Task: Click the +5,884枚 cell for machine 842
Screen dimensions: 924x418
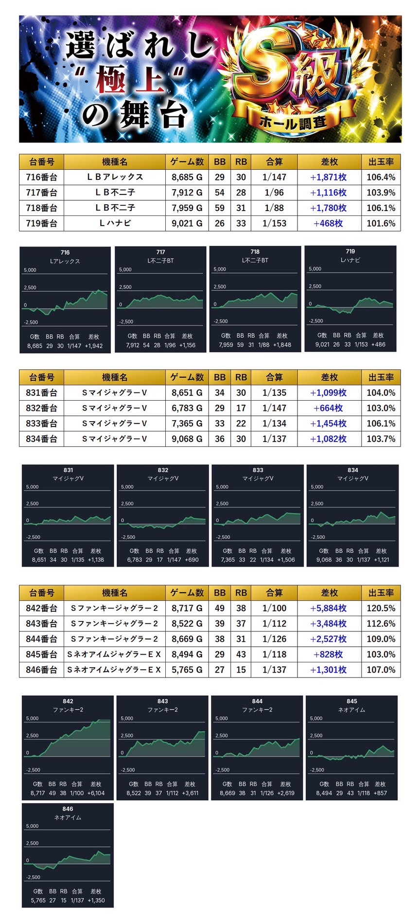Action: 329,608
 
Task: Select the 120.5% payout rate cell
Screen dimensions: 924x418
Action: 381,608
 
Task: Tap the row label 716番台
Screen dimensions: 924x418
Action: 41,177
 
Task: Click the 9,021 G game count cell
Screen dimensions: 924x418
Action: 187,223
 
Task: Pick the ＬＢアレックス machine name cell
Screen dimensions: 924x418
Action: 115,177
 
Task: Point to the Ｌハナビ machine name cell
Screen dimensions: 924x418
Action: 115,223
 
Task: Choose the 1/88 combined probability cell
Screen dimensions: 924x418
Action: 274,208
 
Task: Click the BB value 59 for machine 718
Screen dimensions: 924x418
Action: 220,208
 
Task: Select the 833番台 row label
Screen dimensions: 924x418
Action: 41,424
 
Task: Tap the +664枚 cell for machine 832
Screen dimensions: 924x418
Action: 329,408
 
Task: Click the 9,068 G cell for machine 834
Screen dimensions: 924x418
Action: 187,439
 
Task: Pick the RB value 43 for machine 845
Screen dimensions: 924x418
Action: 241,655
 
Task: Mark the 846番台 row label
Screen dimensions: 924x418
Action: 41,670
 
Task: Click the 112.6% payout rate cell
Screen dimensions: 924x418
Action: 381,623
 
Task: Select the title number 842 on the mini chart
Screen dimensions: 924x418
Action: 68,701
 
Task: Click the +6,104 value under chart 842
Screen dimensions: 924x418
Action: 96,793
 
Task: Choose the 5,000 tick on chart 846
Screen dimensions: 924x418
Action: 32,826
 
